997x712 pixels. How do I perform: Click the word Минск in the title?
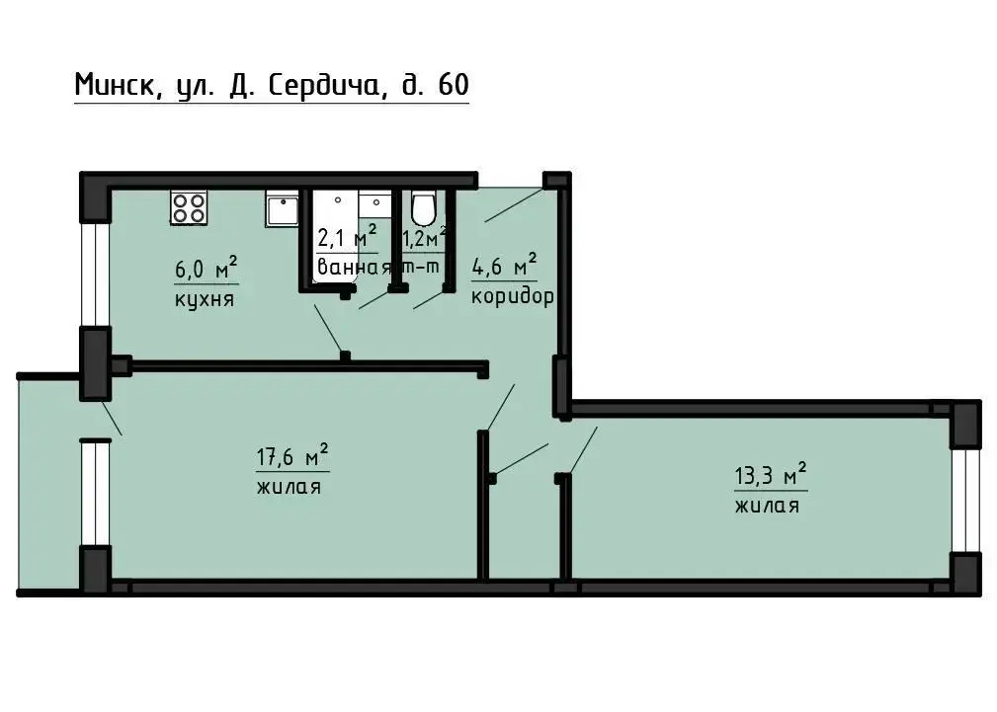[x=114, y=85]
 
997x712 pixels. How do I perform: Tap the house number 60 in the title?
[x=454, y=85]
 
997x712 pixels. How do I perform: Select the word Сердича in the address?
[x=323, y=85]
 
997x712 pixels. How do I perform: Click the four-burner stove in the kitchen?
[x=188, y=207]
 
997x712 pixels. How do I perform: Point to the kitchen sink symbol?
[x=282, y=210]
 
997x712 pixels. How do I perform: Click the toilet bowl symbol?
[x=423, y=207]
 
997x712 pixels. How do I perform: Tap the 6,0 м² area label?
[x=207, y=268]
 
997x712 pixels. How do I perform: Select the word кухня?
[x=205, y=299]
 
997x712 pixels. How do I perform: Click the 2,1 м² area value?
[x=347, y=237]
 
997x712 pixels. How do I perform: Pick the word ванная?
[x=354, y=267]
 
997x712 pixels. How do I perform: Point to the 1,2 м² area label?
[x=425, y=237]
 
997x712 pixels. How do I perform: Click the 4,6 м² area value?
[x=504, y=265]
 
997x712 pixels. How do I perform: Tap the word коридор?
[x=513, y=297]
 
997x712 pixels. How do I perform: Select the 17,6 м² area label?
[x=292, y=456]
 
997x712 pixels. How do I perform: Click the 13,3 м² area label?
[x=771, y=474]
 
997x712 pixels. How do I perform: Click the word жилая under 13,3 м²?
[x=767, y=506]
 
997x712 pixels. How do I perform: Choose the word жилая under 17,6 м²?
[x=289, y=488]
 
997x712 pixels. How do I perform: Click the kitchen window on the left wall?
[x=96, y=274]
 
